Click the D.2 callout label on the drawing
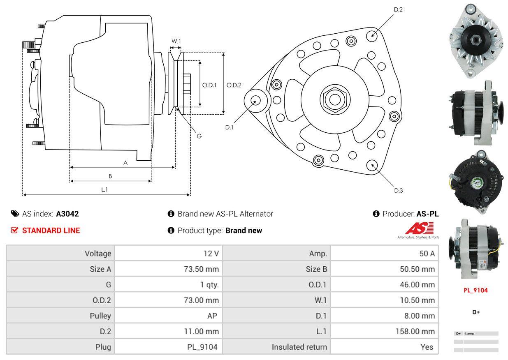(398, 9)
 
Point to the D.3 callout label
(398, 190)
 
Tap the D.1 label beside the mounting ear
(229, 127)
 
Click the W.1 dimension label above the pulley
(176, 41)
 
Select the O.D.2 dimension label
(234, 85)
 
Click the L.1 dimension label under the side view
(104, 189)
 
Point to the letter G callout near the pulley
(199, 136)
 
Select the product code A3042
(67, 214)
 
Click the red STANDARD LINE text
(51, 231)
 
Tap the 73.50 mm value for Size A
(201, 269)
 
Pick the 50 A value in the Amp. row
(427, 254)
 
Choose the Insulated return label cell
(299, 347)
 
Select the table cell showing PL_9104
(202, 347)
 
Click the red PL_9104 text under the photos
(476, 290)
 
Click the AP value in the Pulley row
(212, 316)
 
